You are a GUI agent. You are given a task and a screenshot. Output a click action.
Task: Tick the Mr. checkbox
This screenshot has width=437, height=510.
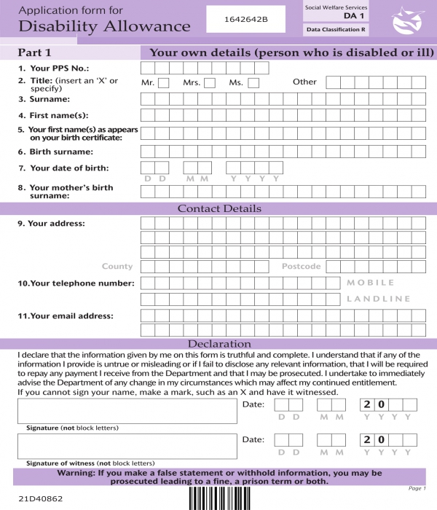(163, 83)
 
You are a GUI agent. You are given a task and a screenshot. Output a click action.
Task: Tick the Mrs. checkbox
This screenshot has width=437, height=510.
(210, 83)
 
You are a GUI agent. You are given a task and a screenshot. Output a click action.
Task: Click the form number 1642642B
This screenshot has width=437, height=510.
(248, 19)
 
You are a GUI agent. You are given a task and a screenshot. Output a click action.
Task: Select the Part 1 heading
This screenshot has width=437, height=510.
(35, 53)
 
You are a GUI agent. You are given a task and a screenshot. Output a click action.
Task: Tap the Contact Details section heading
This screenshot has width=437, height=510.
(219, 208)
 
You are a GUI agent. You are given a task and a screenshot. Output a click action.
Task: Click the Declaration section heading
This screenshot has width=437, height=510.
(219, 344)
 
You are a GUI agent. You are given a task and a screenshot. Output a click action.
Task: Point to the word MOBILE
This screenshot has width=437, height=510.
(371, 283)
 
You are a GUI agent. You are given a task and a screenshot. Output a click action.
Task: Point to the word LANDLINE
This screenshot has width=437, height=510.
(378, 299)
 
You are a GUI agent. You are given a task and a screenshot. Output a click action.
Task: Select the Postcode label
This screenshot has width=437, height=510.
(301, 267)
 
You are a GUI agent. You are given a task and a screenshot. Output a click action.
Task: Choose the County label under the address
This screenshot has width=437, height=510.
(117, 267)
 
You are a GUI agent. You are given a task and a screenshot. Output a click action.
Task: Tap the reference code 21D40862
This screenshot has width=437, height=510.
(41, 499)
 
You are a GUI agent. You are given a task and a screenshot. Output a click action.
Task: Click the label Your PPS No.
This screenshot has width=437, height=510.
(58, 68)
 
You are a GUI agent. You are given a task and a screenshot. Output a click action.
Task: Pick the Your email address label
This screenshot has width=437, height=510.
(66, 316)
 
